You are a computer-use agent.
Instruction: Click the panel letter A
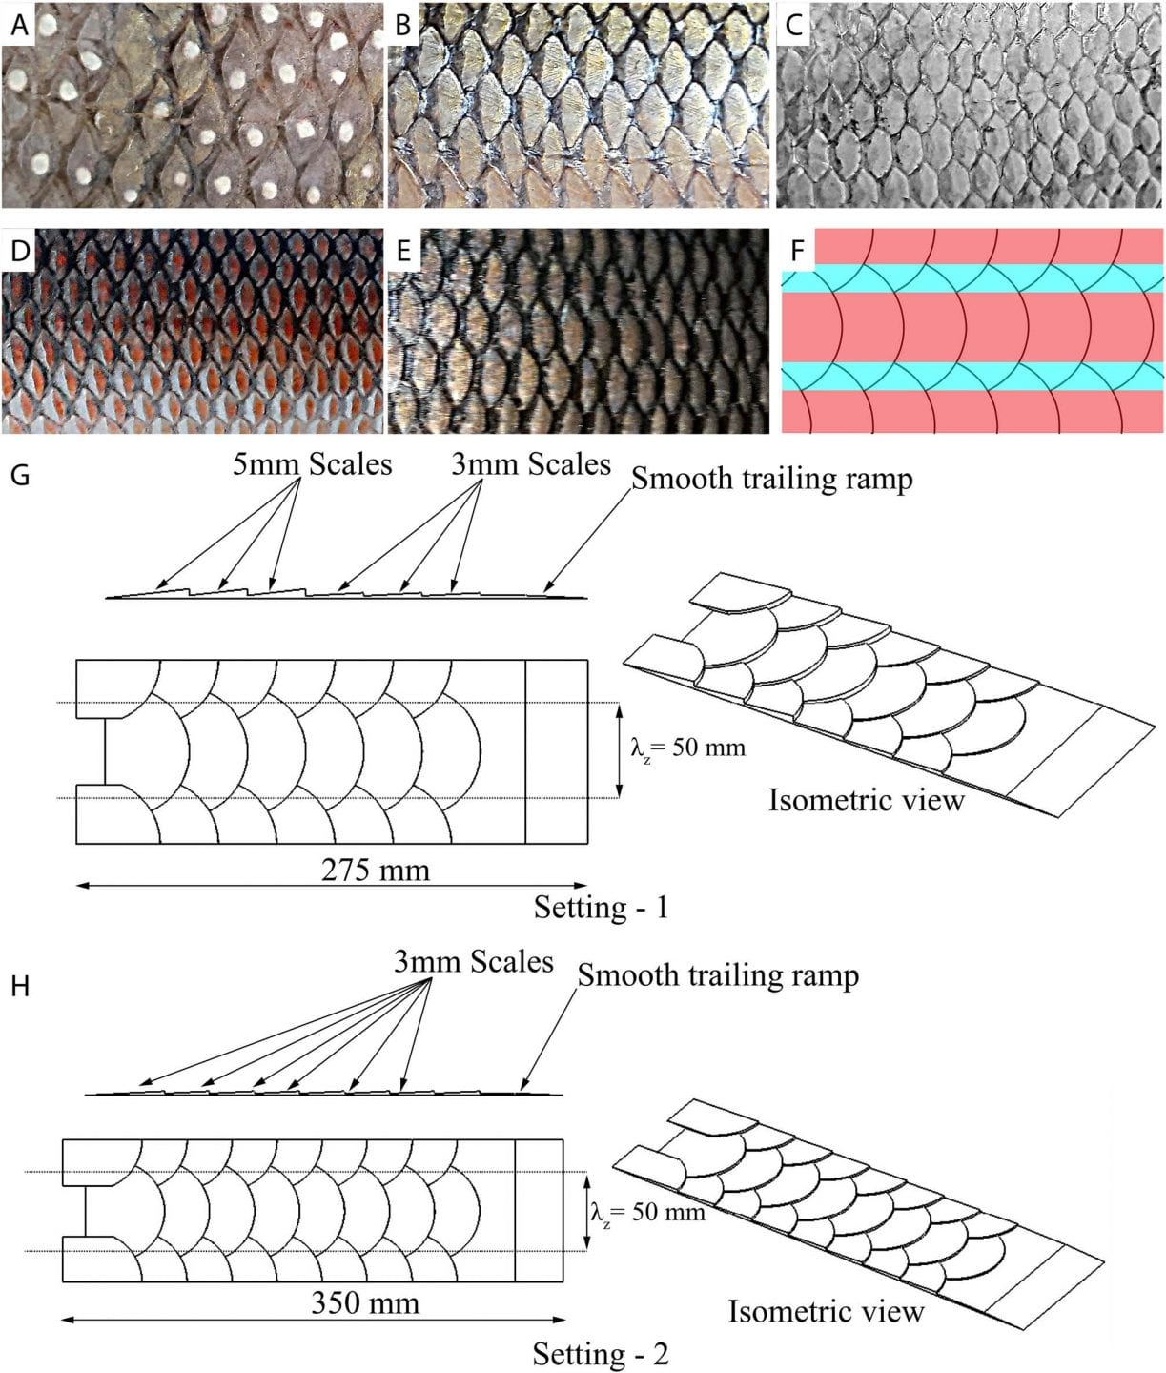19,26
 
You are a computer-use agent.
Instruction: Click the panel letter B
403,26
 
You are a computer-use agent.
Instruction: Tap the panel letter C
793,26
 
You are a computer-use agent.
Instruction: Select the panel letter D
19,251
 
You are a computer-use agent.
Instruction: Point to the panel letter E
403,251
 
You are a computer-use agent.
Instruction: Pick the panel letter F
797,252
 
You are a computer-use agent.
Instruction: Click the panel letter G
19,473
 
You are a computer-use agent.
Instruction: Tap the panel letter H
19,985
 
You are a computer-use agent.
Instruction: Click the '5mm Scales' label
313,464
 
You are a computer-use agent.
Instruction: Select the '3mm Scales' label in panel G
531,464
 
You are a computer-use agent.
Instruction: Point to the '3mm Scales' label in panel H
474,961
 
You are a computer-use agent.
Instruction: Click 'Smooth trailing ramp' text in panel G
772,478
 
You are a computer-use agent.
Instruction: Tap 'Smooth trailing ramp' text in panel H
718,975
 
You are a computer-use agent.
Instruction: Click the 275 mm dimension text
376,870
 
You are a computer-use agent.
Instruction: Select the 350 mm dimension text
365,1302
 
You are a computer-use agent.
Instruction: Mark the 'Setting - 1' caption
601,906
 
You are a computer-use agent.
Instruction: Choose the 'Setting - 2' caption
601,1354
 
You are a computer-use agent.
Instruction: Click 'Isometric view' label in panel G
867,799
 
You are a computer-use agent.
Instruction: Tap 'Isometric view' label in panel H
826,1311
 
